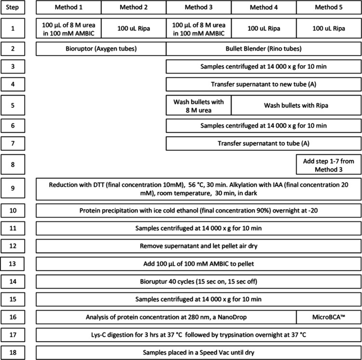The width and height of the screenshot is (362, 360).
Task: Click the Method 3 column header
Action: click(198, 8)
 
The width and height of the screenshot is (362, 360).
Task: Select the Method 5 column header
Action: click(328, 8)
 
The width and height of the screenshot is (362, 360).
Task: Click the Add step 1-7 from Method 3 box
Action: click(328, 164)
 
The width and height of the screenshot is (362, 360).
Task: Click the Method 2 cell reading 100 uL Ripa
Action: click(134, 28)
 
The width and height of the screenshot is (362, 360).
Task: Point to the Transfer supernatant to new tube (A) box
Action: click(264, 84)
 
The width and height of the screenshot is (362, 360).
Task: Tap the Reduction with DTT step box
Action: click(198, 189)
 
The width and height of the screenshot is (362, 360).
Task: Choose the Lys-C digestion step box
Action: click(198, 334)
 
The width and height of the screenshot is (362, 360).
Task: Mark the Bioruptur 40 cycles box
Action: click(198, 282)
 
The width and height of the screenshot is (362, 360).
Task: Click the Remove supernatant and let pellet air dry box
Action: click(198, 247)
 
